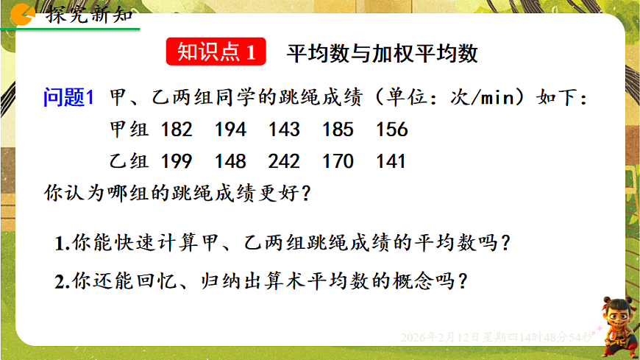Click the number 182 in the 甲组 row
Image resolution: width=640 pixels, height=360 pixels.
(177, 130)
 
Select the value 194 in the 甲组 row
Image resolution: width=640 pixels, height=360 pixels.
(230, 130)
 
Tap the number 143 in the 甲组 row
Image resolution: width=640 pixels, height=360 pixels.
(284, 130)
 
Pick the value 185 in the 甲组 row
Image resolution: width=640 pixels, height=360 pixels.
(338, 130)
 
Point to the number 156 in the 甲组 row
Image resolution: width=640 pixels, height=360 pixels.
(391, 130)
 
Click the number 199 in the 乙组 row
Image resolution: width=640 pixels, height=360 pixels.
(177, 161)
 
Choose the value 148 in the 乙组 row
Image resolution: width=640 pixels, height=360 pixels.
(230, 161)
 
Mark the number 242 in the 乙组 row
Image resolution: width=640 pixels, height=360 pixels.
(284, 161)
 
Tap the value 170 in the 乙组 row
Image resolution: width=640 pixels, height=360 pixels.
(338, 161)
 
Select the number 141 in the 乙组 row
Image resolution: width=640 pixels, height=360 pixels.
(391, 161)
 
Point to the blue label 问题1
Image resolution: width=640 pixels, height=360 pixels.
(69, 98)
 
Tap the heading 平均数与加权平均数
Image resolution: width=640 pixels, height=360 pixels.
(383, 53)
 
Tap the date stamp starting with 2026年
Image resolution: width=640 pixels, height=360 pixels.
(494, 337)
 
